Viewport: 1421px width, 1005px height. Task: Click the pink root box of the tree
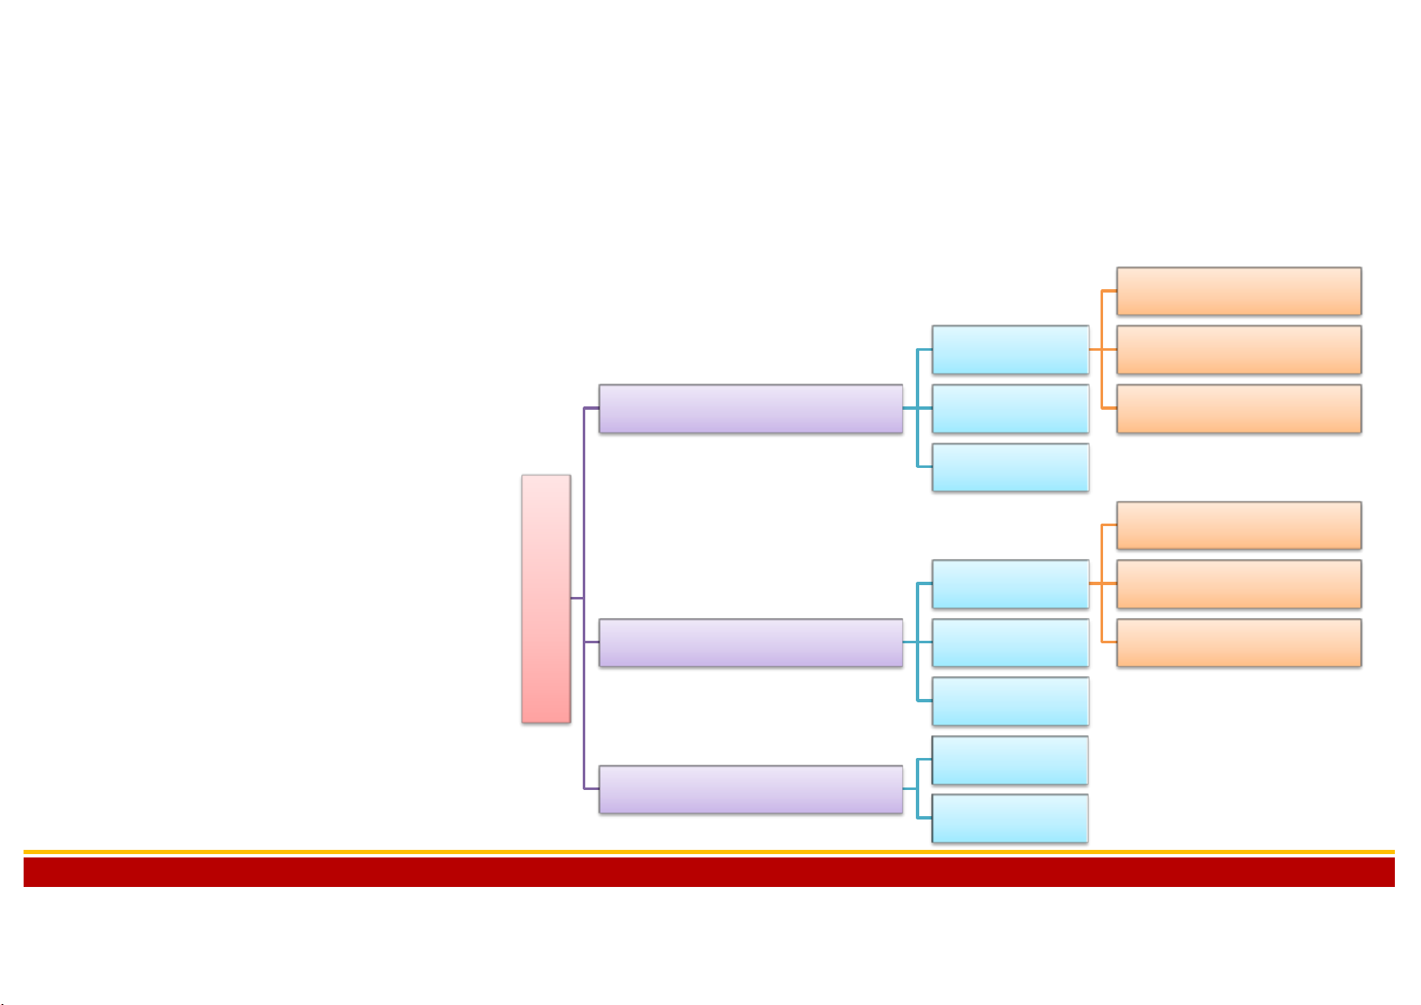[546, 599]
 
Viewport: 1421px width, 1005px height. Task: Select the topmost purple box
[751, 409]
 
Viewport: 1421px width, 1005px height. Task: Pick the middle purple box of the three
[751, 642]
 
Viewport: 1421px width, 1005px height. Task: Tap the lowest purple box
[751, 789]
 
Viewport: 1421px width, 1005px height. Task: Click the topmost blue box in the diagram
[1010, 350]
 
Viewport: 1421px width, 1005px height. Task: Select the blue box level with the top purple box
[1010, 409]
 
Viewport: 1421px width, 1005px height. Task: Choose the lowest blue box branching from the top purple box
[1010, 467]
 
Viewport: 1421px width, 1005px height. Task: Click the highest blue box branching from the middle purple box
[1010, 583]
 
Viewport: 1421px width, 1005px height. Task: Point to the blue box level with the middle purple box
[1010, 642]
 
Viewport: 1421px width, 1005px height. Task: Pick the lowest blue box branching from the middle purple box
[1010, 701]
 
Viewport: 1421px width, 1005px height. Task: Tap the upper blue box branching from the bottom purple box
[1010, 760]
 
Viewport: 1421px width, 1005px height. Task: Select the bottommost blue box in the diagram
[1010, 818]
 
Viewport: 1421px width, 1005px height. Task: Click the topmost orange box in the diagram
[1239, 291]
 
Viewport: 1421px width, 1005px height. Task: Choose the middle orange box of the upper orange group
[1239, 350]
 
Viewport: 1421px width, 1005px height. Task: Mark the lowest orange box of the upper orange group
[1239, 409]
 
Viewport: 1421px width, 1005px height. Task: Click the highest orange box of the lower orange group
[1239, 525]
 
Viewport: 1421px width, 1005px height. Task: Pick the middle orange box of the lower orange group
[1239, 583]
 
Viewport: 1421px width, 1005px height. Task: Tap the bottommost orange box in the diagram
[1239, 642]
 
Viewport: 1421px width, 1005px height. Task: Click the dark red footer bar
[708, 872]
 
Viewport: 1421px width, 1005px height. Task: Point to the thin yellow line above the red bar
[708, 852]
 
